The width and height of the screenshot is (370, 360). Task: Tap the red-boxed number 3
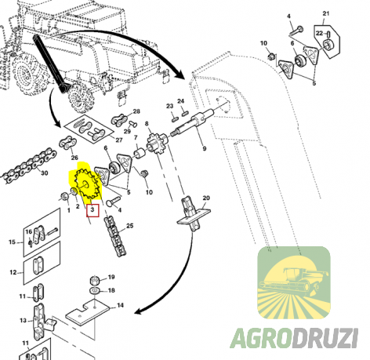[92, 210]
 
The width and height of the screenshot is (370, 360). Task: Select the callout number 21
[325, 13]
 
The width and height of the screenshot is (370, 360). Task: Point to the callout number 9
[205, 148]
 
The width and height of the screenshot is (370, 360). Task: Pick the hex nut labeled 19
[94, 281]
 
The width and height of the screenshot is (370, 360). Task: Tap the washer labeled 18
[95, 290]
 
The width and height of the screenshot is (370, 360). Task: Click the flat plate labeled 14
[88, 312]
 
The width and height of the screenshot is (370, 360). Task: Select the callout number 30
[45, 173]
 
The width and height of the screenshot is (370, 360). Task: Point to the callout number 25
[130, 226]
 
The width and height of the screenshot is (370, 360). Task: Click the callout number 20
[206, 198]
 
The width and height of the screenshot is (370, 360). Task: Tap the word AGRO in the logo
[260, 338]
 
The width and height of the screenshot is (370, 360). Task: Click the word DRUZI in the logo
[324, 338]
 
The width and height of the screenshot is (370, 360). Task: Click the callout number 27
[119, 140]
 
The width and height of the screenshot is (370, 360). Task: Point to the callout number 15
[13, 242]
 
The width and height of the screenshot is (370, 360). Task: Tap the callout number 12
[13, 272]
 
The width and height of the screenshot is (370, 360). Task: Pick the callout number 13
[23, 320]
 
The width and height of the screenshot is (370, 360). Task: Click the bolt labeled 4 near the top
[296, 31]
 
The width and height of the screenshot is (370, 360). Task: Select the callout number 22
[319, 33]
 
